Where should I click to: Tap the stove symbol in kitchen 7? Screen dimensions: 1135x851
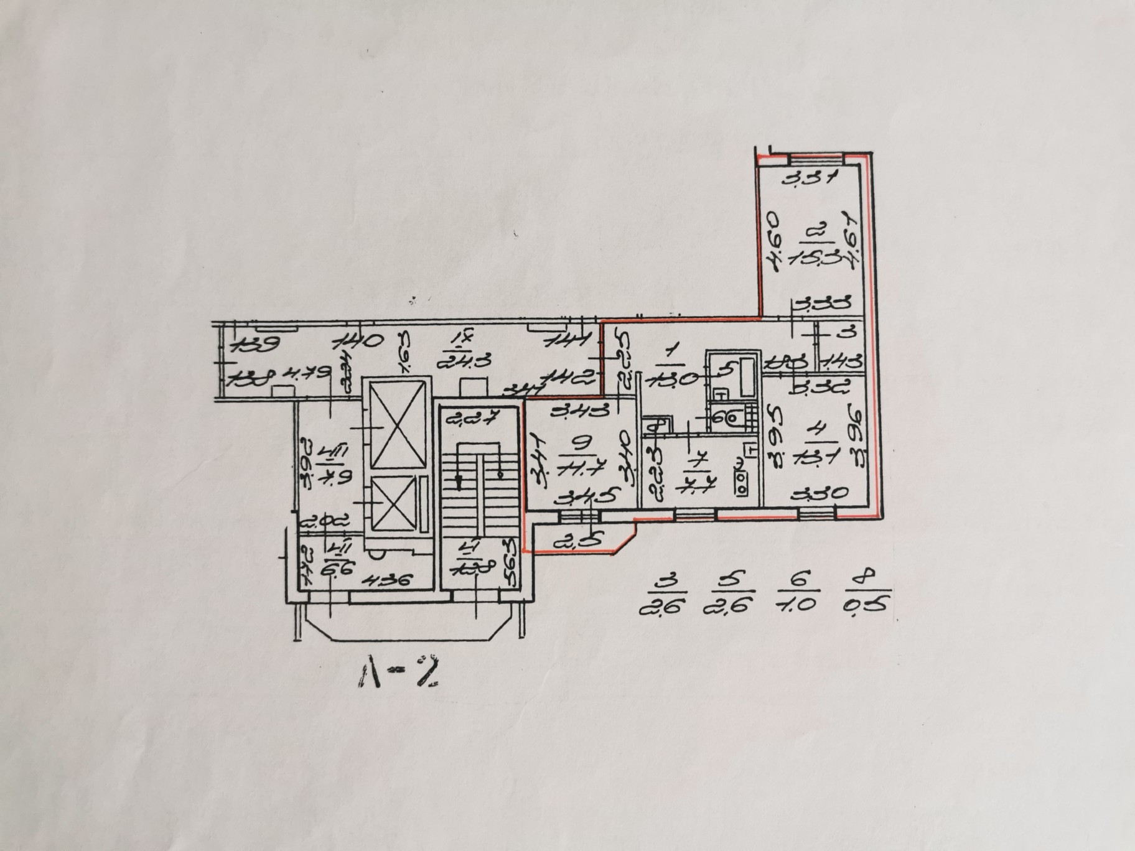point(742,478)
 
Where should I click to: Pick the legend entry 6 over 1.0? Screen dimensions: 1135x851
point(798,596)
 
